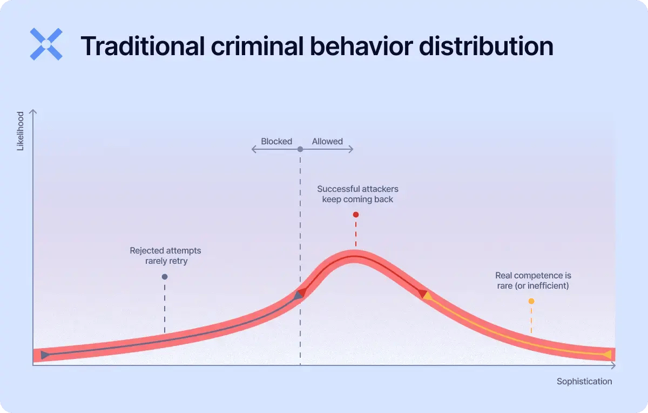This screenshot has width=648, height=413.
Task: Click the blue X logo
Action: pos(46,44)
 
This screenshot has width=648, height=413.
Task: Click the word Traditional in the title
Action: pos(141,46)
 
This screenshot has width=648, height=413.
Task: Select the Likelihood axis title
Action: pos(21,131)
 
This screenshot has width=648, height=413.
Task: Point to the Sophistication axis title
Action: pos(584,381)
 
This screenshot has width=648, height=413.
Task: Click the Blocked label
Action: pos(276,141)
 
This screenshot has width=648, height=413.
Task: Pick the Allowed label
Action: pos(327,141)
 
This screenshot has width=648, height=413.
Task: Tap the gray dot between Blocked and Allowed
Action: pos(300,149)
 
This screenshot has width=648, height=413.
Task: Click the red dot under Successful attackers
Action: pos(355,215)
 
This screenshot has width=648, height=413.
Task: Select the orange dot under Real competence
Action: pos(531,301)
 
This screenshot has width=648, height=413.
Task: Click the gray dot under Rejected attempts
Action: pos(165,277)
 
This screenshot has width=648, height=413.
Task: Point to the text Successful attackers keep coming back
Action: pos(357,194)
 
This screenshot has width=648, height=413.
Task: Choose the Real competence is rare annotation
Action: pos(533,281)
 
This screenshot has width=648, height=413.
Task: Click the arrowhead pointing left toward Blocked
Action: pos(253,149)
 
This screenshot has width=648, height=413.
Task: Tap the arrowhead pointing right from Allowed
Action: pos(352,149)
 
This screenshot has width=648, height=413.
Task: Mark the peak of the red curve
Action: pos(354,256)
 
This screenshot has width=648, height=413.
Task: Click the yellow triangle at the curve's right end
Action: pos(607,355)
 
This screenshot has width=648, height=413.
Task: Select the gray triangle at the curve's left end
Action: pos(44,355)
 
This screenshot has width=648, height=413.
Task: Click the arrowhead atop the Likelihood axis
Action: pos(33,112)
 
